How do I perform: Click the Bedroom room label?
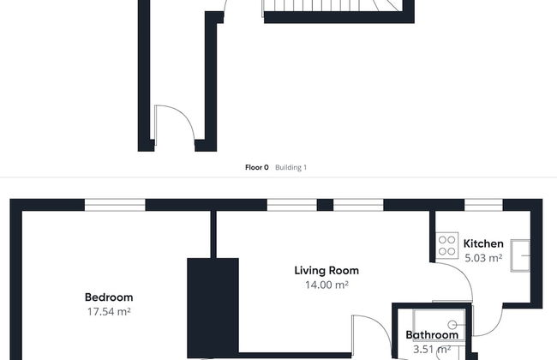[109, 297]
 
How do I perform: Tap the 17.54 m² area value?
[109, 312]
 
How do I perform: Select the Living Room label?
[326, 271]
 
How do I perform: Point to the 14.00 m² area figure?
[326, 285]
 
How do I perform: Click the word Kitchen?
[483, 243]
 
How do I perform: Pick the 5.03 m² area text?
[483, 258]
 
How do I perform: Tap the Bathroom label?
[432, 335]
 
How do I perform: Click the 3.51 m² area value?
[432, 350]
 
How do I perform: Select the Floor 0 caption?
[257, 167]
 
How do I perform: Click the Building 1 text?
[290, 167]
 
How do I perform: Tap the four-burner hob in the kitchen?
[446, 245]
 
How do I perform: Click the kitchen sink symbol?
[520, 255]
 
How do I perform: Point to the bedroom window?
[115, 205]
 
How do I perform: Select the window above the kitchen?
[483, 205]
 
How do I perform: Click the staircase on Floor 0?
[332, 6]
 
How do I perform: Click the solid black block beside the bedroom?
[213, 308]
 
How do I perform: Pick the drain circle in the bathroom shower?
[452, 325]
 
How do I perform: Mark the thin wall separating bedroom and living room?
[213, 234]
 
